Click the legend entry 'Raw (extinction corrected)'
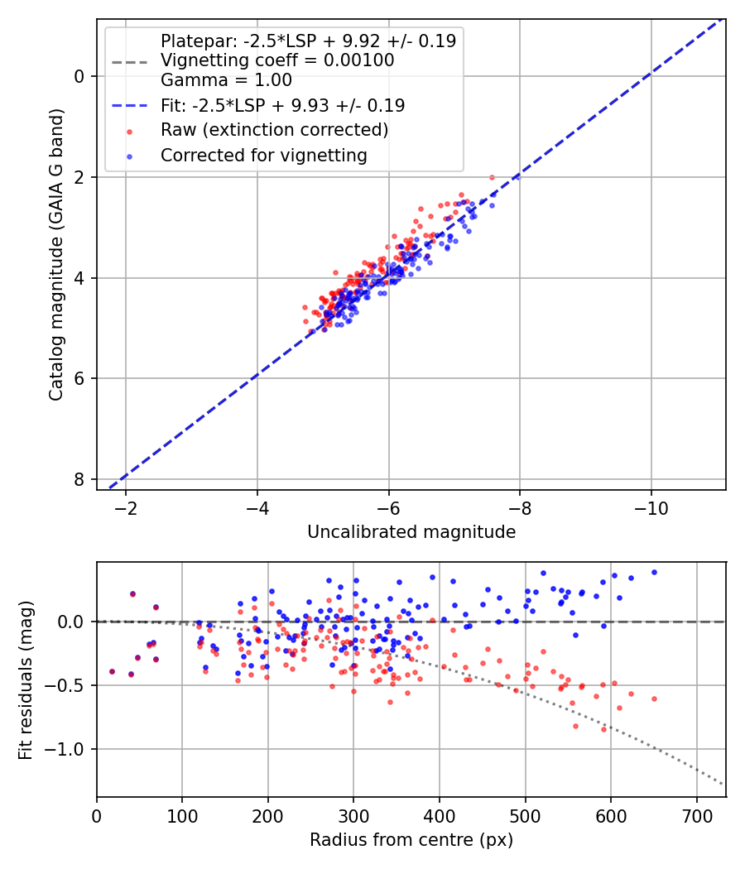(274, 130)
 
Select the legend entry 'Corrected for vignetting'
(263, 155)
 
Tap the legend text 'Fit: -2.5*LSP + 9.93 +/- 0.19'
(282, 105)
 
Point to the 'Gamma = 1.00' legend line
(226, 80)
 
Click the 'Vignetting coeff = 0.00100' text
(277, 60)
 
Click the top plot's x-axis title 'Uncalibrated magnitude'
(411, 532)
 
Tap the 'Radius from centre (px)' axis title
(411, 840)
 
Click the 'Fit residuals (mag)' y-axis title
(26, 679)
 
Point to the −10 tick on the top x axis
(651, 506)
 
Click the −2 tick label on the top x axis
(126, 506)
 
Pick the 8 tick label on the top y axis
(79, 480)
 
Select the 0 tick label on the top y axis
(79, 77)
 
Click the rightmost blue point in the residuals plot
(654, 572)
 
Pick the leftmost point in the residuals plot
(112, 671)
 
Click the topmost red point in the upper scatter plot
(492, 177)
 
